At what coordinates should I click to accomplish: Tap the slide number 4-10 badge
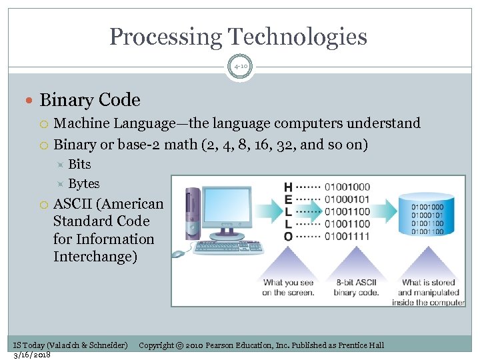coord(240,67)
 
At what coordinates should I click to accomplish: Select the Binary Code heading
coord(90,100)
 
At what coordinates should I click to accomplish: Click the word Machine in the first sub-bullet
coord(81,123)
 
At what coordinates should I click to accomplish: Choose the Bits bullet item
coord(79,164)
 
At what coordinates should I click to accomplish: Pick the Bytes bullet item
coord(84,183)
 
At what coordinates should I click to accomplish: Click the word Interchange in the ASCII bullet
coord(95,257)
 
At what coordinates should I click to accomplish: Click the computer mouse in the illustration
coord(178,254)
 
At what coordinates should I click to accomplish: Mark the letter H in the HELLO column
coord(288,187)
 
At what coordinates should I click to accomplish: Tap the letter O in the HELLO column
coord(288,236)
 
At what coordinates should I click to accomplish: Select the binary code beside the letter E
coord(347,199)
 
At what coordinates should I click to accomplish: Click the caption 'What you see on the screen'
coord(288,287)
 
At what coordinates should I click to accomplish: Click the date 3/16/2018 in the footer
coord(32,355)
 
